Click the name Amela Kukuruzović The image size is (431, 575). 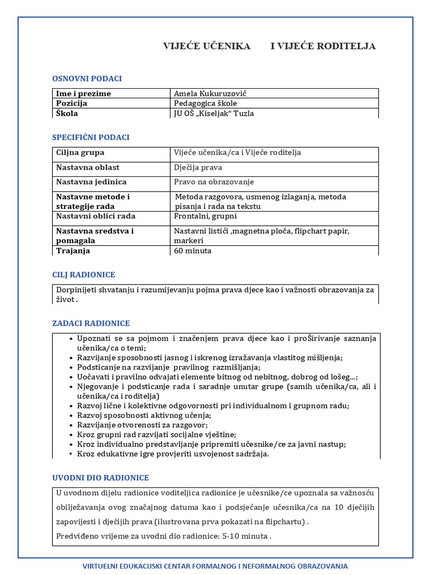coord(210,94)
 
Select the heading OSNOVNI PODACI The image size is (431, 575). coord(87,79)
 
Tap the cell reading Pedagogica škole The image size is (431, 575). coord(205,103)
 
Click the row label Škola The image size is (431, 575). coord(67,113)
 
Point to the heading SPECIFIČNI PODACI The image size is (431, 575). coord(91,138)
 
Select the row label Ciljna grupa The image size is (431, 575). coord(80,153)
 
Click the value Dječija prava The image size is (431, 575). coord(198,167)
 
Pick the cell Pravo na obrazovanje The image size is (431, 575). coord(214,182)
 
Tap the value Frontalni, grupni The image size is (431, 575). coord(205,216)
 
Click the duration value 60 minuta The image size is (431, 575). coord(192,251)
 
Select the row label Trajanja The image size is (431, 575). coord(73,251)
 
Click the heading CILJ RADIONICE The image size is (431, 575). coord(84,275)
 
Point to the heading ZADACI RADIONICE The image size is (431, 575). coord(91,323)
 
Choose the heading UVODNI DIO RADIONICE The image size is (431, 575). coord(100,478)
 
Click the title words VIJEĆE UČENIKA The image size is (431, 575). coord(207,46)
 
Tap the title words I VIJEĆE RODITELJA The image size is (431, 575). coord(323,46)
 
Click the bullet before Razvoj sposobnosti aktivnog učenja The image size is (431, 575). coord(71,416)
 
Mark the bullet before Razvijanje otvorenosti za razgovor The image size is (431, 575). coord(71,425)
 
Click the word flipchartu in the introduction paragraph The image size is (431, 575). coord(284,522)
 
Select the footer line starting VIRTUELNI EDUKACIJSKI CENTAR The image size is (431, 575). coord(215,567)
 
